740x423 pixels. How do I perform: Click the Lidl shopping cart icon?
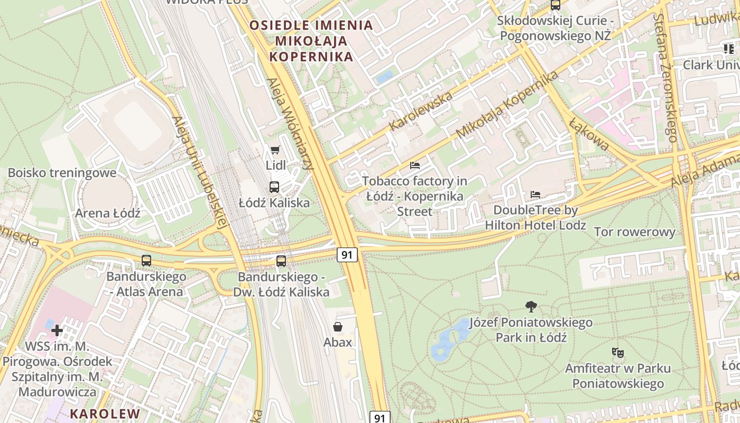(x=275, y=150)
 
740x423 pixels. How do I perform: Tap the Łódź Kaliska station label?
(x=274, y=203)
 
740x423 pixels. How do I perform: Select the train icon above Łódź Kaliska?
(x=274, y=187)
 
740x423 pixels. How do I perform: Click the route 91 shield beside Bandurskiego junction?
(x=347, y=255)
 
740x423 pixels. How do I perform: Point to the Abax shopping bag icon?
(x=338, y=327)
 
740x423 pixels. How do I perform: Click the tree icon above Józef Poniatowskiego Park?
(x=531, y=306)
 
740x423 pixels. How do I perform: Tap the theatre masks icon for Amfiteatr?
(x=617, y=352)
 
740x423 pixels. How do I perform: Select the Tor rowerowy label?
(x=634, y=232)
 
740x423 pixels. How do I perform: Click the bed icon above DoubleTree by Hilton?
(x=535, y=195)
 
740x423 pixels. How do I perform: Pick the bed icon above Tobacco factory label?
(x=415, y=165)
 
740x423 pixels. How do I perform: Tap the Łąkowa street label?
(x=589, y=134)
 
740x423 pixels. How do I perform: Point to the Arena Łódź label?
(x=108, y=213)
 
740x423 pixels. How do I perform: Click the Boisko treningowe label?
(x=62, y=173)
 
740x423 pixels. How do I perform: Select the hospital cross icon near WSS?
(x=57, y=330)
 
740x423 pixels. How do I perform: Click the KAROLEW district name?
(x=105, y=413)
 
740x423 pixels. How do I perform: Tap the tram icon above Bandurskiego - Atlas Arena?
(x=146, y=260)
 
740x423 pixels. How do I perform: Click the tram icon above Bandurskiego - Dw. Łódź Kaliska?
(x=281, y=261)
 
